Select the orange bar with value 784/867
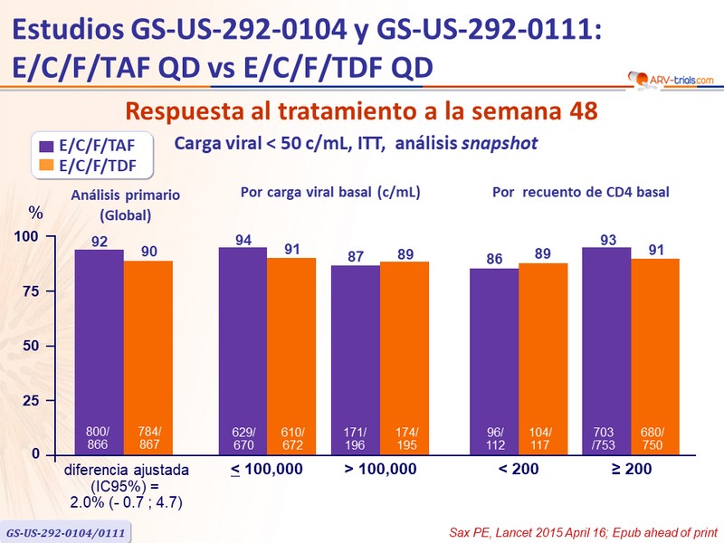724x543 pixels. click(148, 357)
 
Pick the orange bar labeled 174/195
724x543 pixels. click(404, 357)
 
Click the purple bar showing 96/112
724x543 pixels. click(494, 360)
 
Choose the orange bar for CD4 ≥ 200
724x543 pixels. click(654, 357)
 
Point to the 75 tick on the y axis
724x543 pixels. click(31, 291)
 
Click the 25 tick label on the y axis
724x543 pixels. click(31, 400)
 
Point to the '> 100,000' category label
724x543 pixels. click(380, 470)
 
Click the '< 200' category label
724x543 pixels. click(518, 470)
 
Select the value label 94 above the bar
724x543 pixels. click(243, 239)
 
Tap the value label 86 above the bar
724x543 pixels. click(494, 259)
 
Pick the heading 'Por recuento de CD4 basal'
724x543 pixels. click(573, 192)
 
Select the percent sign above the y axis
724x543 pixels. click(35, 213)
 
